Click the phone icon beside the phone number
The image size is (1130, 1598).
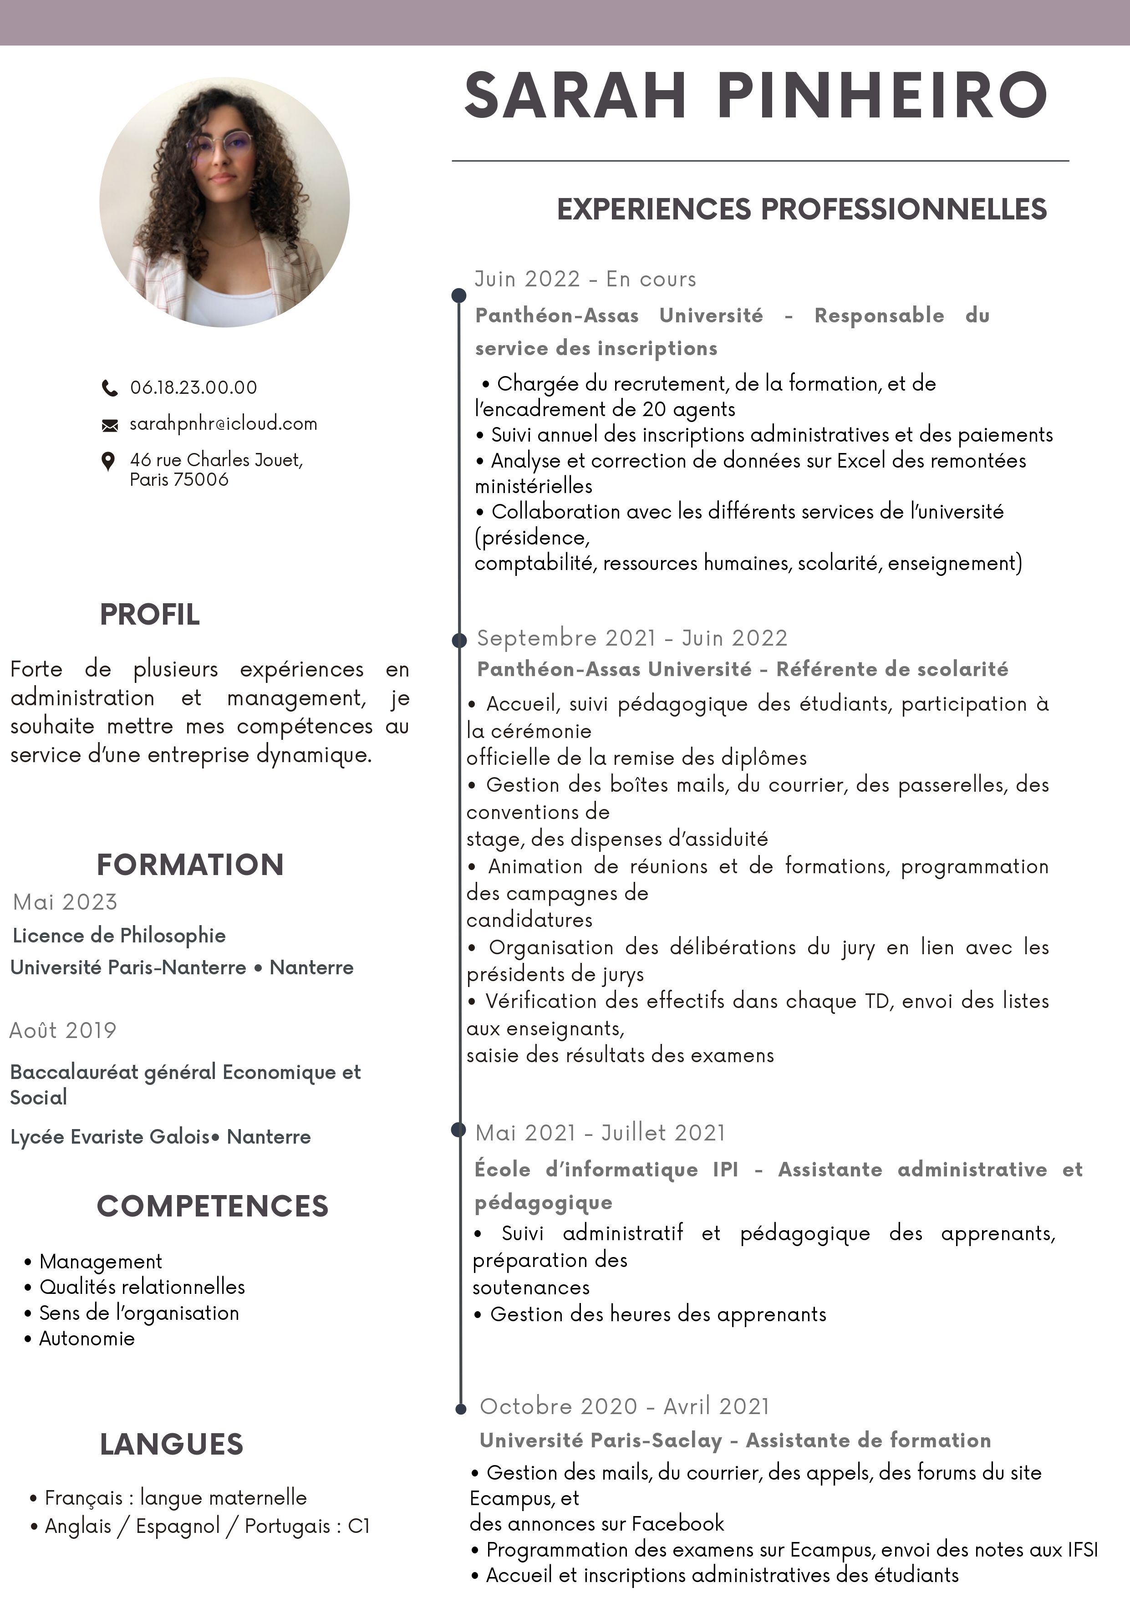click(x=109, y=388)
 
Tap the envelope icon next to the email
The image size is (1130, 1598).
click(x=110, y=425)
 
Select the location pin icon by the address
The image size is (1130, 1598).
click(x=108, y=461)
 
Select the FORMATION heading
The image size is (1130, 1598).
click(x=190, y=865)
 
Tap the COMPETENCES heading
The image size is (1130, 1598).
click(x=212, y=1206)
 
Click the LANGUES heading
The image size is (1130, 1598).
click(x=172, y=1444)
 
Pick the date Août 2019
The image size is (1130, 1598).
click(x=63, y=1030)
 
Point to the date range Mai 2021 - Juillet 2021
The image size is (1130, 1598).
click(x=600, y=1132)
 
